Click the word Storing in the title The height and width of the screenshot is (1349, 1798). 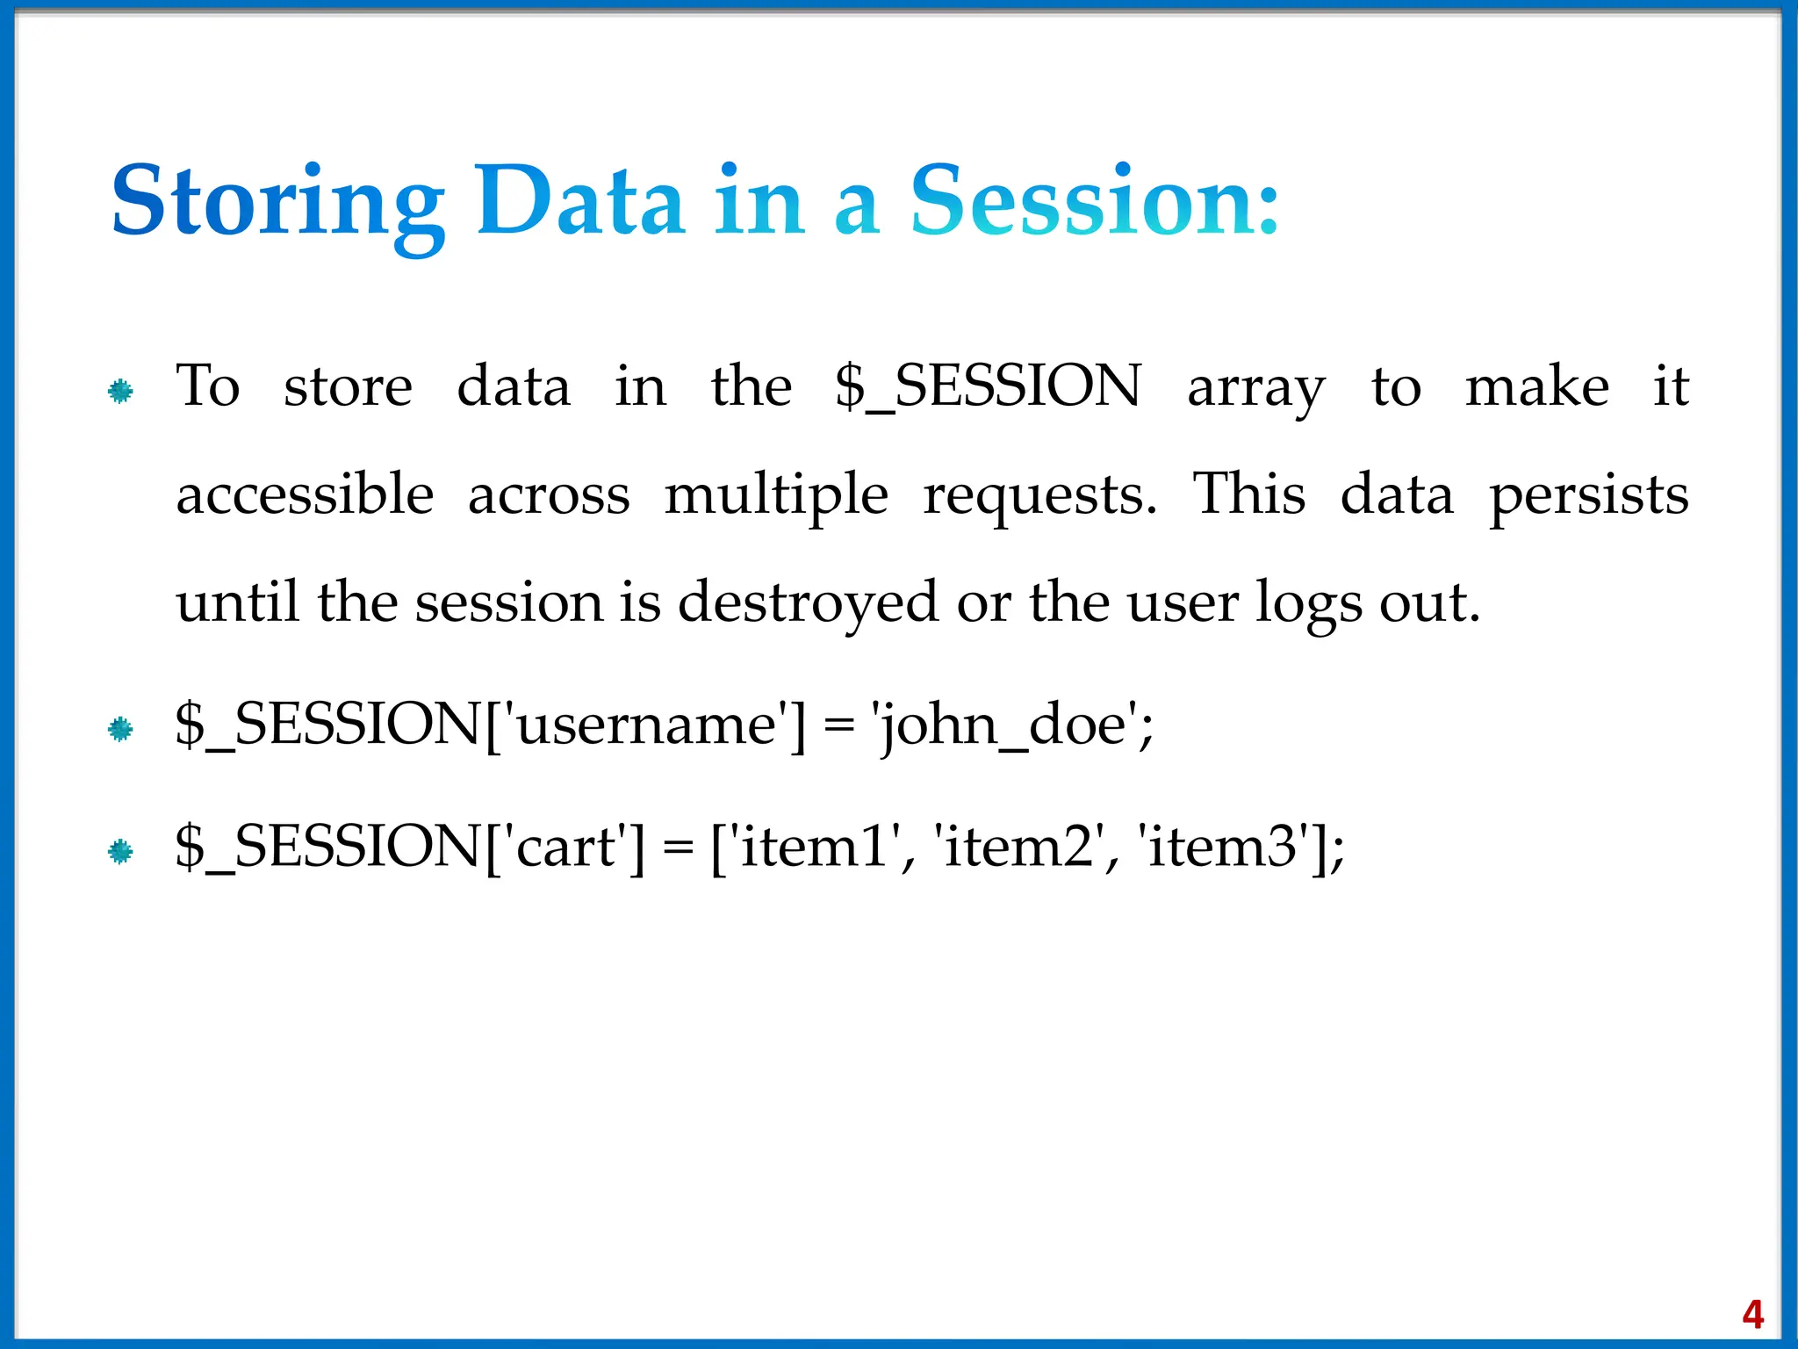[277, 203]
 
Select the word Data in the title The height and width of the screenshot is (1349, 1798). [579, 201]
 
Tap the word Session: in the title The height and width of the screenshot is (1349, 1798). [1094, 201]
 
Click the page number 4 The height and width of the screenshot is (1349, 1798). [1752, 1315]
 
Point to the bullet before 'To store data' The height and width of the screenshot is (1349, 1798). [120, 391]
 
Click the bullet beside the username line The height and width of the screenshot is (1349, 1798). [120, 729]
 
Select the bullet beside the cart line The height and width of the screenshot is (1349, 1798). [120, 851]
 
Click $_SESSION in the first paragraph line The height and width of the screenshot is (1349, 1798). [988, 386]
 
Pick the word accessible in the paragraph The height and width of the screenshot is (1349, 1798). [305, 494]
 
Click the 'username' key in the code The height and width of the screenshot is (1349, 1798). [646, 726]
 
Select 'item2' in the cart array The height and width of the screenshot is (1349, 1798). [1018, 848]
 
